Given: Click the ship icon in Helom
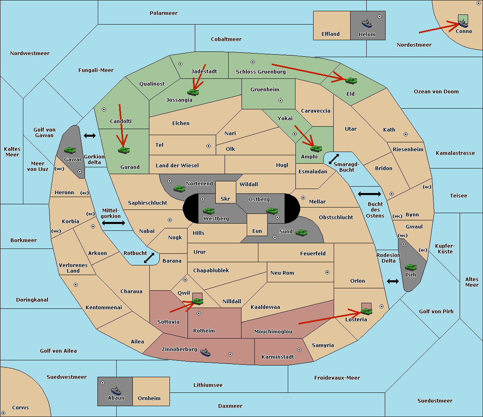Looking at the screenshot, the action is click(x=367, y=23).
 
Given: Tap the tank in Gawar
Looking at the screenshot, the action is click(x=70, y=150).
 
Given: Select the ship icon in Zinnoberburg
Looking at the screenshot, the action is click(x=205, y=352).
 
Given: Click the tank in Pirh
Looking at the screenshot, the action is click(x=411, y=267).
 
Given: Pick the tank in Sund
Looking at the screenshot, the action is click(x=301, y=233).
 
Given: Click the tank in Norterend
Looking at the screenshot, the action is click(x=179, y=189).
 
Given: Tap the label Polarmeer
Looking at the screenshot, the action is click(x=163, y=13).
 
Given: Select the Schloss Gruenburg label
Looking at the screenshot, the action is click(x=261, y=72).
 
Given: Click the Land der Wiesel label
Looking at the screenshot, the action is click(x=177, y=166).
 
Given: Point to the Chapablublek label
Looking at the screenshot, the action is click(x=211, y=270).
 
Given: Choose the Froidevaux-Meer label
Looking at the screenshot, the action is click(x=337, y=378).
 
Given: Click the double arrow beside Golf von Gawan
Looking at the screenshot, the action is click(x=90, y=136).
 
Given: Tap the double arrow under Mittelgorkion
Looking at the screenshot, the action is click(x=114, y=223).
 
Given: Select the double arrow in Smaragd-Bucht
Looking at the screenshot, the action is click(x=334, y=159).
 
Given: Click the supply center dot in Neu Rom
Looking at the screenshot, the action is click(x=327, y=272).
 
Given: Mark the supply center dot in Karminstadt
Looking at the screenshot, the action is click(x=299, y=350).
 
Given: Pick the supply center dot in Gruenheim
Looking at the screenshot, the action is click(x=281, y=101).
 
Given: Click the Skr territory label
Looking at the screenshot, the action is click(x=225, y=199).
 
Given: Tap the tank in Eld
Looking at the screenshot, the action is click(x=351, y=81).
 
